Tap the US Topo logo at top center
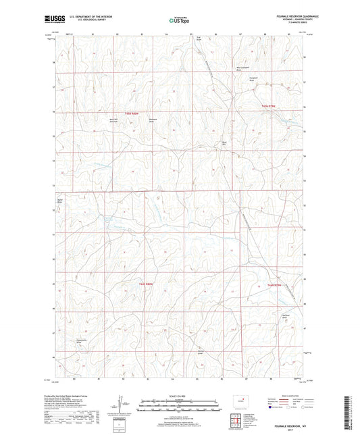tap(177, 20)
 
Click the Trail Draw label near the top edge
tap(199, 39)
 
